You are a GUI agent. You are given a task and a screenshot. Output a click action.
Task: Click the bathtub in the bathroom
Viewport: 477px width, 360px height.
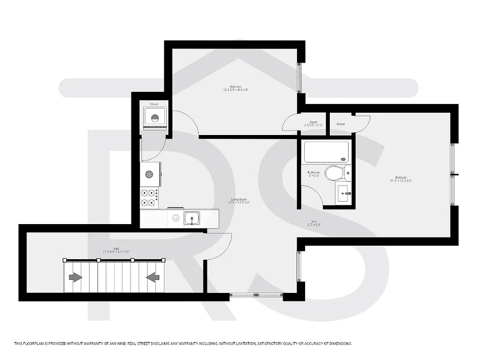click(327, 152)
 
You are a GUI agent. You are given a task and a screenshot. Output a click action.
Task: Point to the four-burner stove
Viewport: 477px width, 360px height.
click(149, 198)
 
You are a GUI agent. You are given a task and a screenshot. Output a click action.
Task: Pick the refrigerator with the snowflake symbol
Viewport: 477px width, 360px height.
click(149, 174)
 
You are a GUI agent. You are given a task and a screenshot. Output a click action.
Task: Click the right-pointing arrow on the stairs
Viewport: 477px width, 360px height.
click(75, 277)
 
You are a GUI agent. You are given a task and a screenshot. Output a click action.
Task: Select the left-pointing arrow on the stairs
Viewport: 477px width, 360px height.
click(153, 277)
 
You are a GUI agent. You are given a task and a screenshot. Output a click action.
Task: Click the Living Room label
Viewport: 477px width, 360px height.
click(238, 199)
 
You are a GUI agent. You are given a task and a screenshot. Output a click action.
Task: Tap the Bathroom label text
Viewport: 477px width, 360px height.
click(314, 172)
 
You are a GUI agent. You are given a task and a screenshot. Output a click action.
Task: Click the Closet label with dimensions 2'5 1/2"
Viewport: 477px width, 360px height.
click(313, 122)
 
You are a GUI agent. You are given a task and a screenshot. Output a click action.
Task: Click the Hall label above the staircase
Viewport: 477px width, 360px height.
click(116, 248)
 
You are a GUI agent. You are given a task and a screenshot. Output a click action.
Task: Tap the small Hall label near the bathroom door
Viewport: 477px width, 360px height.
click(314, 221)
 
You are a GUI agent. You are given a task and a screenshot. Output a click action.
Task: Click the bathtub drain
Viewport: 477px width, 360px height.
click(344, 159)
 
